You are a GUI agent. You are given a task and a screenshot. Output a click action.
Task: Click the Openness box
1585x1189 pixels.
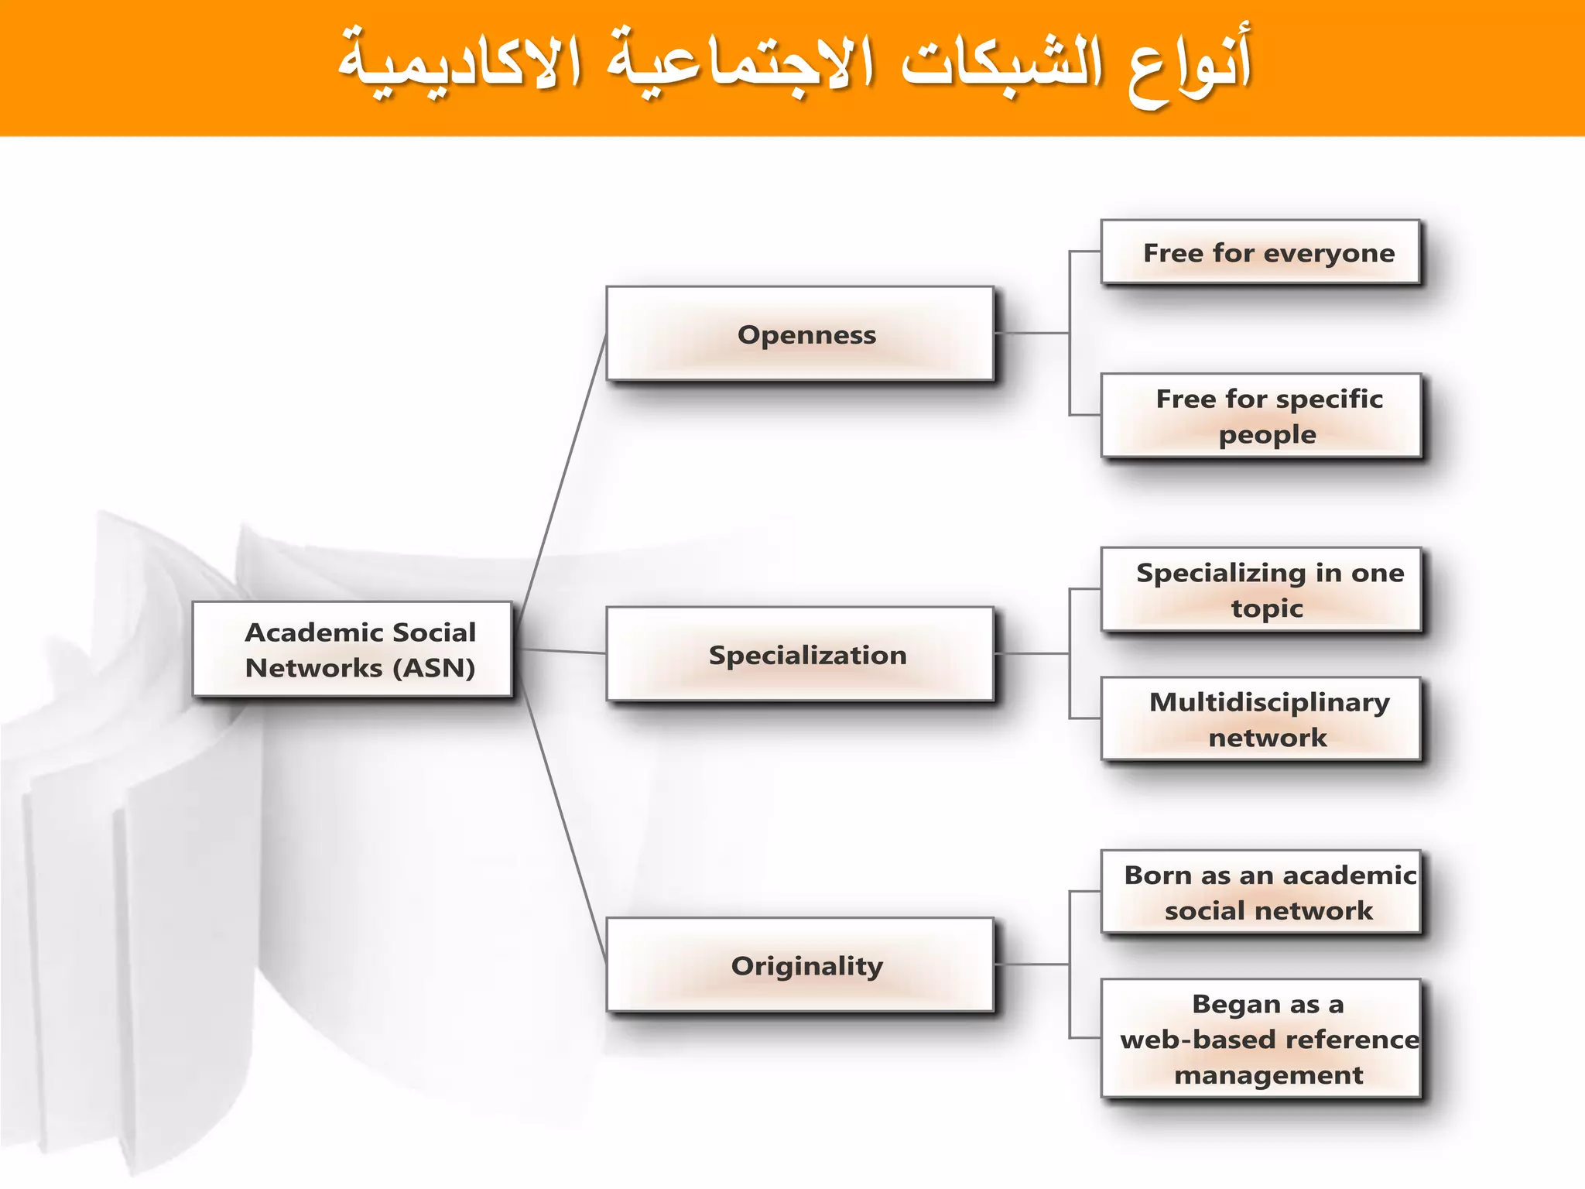(799, 334)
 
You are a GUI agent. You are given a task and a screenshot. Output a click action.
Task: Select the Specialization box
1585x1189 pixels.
(799, 654)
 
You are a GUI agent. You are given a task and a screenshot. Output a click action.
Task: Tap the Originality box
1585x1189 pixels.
(799, 965)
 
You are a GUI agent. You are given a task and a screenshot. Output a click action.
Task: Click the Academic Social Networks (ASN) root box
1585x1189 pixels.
(352, 649)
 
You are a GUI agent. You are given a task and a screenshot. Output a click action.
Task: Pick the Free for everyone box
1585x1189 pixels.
(1260, 252)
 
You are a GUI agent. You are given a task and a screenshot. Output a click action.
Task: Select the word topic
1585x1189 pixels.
(1267, 608)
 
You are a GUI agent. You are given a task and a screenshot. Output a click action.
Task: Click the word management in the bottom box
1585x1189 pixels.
(1268, 1075)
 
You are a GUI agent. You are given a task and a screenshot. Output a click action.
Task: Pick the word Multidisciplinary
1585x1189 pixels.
(1269, 702)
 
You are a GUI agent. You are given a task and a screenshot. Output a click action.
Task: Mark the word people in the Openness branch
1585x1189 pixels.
(1267, 435)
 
